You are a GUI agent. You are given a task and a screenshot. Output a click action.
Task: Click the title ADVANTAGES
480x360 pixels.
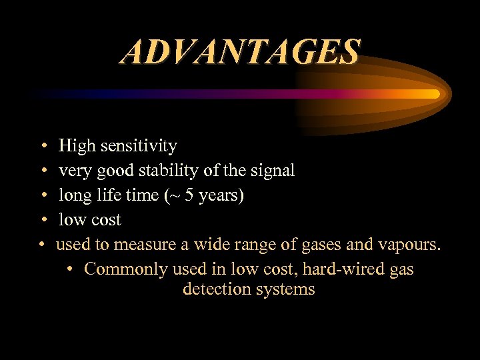pos(240,52)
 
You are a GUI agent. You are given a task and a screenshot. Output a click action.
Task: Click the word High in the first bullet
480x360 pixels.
pos(74,145)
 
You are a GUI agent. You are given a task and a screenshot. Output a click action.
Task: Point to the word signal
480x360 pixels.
pos(273,171)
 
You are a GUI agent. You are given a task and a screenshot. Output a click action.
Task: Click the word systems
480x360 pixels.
pos(283,290)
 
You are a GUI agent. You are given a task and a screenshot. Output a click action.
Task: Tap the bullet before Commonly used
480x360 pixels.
pos(71,269)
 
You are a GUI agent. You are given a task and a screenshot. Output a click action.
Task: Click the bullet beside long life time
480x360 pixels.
pos(43,195)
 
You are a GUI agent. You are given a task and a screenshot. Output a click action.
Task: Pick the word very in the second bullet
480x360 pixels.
pos(73,171)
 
